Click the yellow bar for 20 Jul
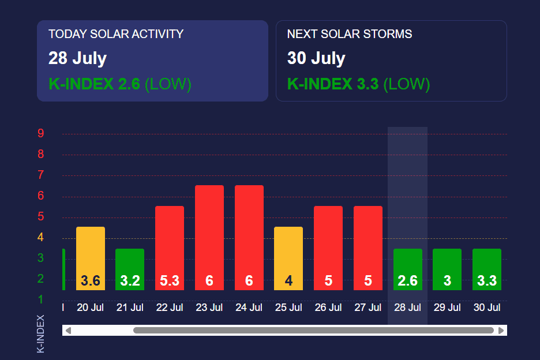pos(91,254)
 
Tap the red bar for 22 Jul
pos(170,242)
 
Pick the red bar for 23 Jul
pos(209,231)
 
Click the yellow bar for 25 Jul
pos(288,254)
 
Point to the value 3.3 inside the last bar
pos(487,281)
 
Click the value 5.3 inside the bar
pos(170,281)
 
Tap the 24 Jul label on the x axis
pos(249,307)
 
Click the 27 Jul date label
pos(368,307)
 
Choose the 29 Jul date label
pos(447,307)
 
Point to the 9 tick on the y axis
pos(41,134)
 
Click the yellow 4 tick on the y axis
pos(41,237)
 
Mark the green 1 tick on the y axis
pos(41,299)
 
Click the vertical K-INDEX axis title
pos(40,333)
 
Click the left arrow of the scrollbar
pos(68,331)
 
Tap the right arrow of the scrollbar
pos(501,331)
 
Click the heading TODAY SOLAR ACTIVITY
pos(116,34)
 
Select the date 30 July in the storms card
pos(316,58)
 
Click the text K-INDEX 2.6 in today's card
pos(94,84)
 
